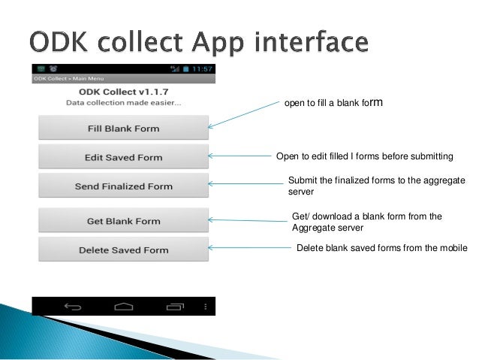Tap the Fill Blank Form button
pyautogui.click(x=123, y=129)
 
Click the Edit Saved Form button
pyautogui.click(x=123, y=158)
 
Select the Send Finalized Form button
pyautogui.click(x=123, y=186)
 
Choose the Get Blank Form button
pyautogui.click(x=123, y=221)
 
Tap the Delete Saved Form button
pyautogui.click(x=123, y=250)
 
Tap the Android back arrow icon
pyautogui.click(x=73, y=307)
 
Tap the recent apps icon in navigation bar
pyautogui.click(x=176, y=307)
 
